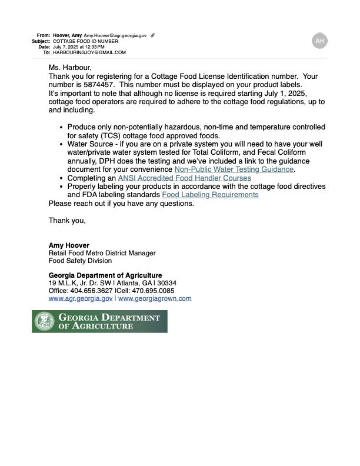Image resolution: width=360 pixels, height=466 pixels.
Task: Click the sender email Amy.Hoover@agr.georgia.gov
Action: click(x=115, y=36)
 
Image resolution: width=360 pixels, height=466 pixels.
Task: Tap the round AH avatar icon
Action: click(x=319, y=41)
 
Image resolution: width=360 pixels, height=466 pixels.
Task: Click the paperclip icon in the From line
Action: click(x=153, y=36)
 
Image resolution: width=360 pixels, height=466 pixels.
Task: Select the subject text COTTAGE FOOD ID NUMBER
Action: click(x=85, y=41)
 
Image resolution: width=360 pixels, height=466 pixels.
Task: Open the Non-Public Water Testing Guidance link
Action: click(x=234, y=169)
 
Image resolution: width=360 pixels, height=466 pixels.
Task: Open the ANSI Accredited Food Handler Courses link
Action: click(x=184, y=178)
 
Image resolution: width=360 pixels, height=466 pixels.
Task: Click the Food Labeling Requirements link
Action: click(x=210, y=194)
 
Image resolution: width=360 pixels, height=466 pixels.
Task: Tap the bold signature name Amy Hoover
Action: click(x=69, y=245)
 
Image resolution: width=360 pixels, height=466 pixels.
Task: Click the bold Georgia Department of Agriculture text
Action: click(x=105, y=275)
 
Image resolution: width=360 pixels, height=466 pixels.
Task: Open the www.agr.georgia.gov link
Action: click(x=80, y=298)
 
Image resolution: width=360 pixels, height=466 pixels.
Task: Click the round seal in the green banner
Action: click(x=44, y=321)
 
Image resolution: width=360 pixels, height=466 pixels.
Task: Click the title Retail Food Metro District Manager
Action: click(x=102, y=253)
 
